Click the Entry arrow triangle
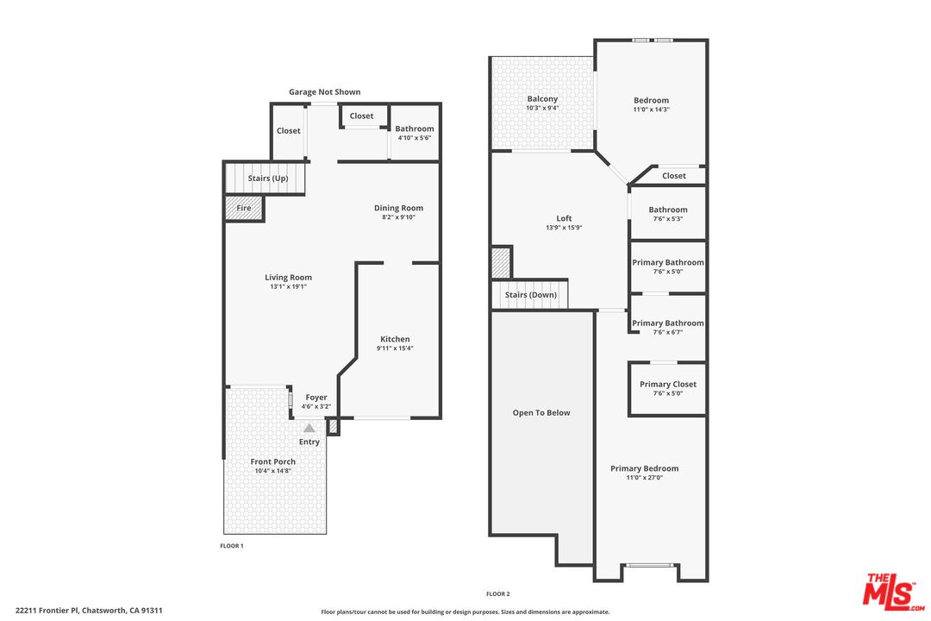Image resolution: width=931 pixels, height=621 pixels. pyautogui.click(x=309, y=428)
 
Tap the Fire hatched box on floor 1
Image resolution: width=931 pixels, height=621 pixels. pyautogui.click(x=244, y=208)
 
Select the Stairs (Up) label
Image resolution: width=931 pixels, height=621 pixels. pyautogui.click(x=268, y=179)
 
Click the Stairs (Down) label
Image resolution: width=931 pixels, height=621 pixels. pyautogui.click(x=531, y=295)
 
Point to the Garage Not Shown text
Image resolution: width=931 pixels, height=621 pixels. pyautogui.click(x=325, y=92)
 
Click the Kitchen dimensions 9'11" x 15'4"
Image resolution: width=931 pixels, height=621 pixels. pyautogui.click(x=395, y=348)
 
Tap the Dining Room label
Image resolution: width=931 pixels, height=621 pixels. pyautogui.click(x=398, y=208)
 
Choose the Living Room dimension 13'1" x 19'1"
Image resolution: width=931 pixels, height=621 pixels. pyautogui.click(x=288, y=286)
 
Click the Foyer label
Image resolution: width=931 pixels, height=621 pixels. pyautogui.click(x=316, y=398)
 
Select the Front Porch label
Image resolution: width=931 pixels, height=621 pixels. pyautogui.click(x=273, y=461)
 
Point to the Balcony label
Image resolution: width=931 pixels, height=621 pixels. pyautogui.click(x=543, y=99)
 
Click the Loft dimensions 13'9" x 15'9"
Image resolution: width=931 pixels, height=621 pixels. pyautogui.click(x=564, y=228)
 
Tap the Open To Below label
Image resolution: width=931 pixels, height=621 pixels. pyautogui.click(x=541, y=413)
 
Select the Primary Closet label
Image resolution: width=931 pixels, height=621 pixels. pyautogui.click(x=668, y=385)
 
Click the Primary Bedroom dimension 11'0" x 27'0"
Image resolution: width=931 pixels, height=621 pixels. pyautogui.click(x=644, y=477)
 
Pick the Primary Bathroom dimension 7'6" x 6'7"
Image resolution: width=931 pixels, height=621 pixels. pyautogui.click(x=668, y=332)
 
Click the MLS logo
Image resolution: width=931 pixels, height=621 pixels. pyautogui.click(x=893, y=592)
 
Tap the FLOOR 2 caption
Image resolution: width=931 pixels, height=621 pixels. pyautogui.click(x=498, y=593)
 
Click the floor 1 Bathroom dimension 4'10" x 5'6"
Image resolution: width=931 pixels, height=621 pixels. pyautogui.click(x=415, y=138)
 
